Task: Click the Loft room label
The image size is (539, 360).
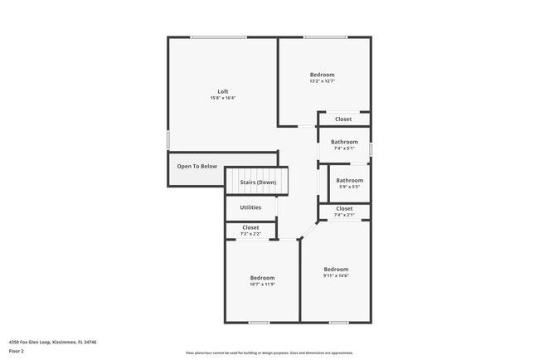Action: tap(223, 91)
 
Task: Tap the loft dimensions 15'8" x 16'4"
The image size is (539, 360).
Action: tap(223, 99)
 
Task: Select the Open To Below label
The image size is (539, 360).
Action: tap(197, 166)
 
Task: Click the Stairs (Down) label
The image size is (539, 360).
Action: tap(258, 182)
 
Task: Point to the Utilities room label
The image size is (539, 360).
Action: tap(250, 207)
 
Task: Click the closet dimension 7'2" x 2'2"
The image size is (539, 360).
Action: tap(250, 234)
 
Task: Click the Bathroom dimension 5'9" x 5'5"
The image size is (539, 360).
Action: tap(349, 187)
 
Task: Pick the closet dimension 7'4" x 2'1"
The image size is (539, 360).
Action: tap(344, 215)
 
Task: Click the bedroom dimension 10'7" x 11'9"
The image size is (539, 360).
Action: tap(262, 285)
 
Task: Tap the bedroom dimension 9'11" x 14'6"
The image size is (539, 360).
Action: tap(336, 275)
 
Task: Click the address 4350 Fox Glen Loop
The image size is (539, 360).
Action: tap(52, 341)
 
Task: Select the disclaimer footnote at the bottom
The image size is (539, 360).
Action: tap(269, 353)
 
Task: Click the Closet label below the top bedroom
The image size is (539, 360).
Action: tap(343, 119)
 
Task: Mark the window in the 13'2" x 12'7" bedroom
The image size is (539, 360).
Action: tap(324, 36)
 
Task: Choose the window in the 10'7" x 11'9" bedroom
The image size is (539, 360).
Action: tap(260, 322)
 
